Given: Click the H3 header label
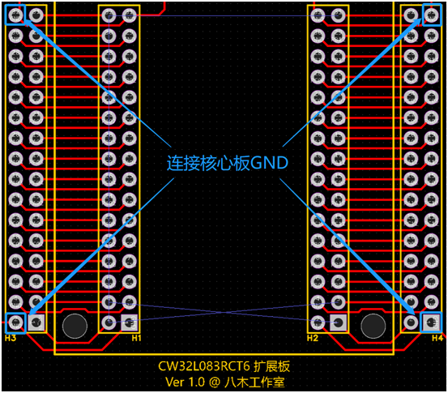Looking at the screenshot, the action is tap(11, 338).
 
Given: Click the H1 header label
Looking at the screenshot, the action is tap(136, 338).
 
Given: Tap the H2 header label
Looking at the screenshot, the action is tap(312, 338).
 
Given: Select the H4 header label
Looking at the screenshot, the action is tap(437, 338).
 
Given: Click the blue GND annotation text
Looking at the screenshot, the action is tap(227, 163).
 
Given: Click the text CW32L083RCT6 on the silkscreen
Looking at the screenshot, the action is tap(204, 366).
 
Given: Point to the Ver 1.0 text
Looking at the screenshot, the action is tap(185, 382).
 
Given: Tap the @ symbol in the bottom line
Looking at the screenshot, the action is tap(215, 382).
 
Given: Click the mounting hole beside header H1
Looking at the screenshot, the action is tap(75, 326).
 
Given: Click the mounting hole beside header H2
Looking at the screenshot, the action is tap(373, 326).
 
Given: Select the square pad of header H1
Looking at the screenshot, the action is tap(130, 323).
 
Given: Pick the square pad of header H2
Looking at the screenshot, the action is tap(339, 323).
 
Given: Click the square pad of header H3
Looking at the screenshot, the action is tap(36, 323).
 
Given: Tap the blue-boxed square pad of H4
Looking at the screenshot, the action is tap(431, 323).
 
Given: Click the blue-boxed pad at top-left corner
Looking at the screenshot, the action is tap(15, 15).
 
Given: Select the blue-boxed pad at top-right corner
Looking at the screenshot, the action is tap(432, 15).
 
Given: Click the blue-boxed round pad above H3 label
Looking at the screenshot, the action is tap(15, 323).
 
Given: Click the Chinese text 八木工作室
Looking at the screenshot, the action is tap(254, 382).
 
